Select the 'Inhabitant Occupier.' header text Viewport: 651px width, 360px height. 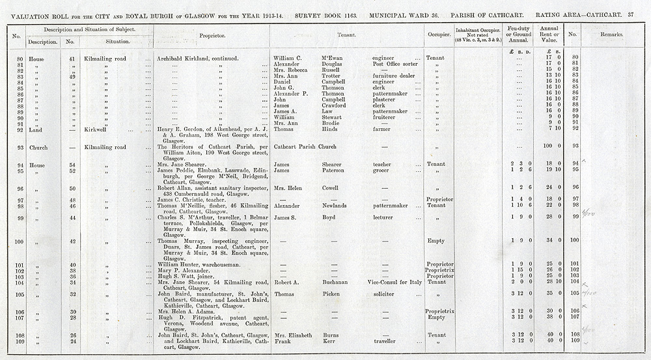click(x=477, y=30)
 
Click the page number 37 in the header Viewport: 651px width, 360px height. click(x=631, y=14)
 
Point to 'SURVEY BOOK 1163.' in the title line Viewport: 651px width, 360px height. click(x=324, y=14)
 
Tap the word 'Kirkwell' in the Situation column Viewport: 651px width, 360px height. click(x=95, y=130)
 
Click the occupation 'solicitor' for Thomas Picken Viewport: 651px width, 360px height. click(x=383, y=294)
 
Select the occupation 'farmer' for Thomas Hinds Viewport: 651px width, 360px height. click(x=381, y=130)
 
